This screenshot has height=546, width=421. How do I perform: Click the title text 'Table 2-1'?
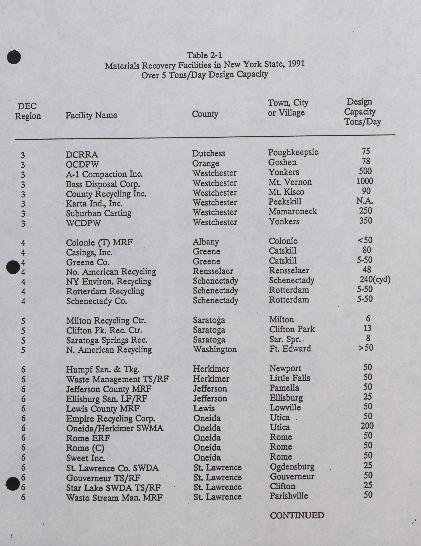(204, 55)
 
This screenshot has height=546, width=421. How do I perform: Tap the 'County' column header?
(205, 114)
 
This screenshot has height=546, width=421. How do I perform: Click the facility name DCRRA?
(82, 154)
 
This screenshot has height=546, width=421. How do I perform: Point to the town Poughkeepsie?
(293, 152)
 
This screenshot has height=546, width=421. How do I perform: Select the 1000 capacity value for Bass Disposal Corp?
(365, 181)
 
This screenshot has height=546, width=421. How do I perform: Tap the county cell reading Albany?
(206, 242)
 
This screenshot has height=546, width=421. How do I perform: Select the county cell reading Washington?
(215, 349)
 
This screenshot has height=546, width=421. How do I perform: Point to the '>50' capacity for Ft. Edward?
(366, 348)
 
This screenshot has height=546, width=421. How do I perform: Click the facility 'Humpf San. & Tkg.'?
(103, 369)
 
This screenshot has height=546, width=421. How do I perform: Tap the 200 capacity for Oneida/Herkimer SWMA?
(367, 426)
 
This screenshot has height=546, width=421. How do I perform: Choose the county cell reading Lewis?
(204, 408)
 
